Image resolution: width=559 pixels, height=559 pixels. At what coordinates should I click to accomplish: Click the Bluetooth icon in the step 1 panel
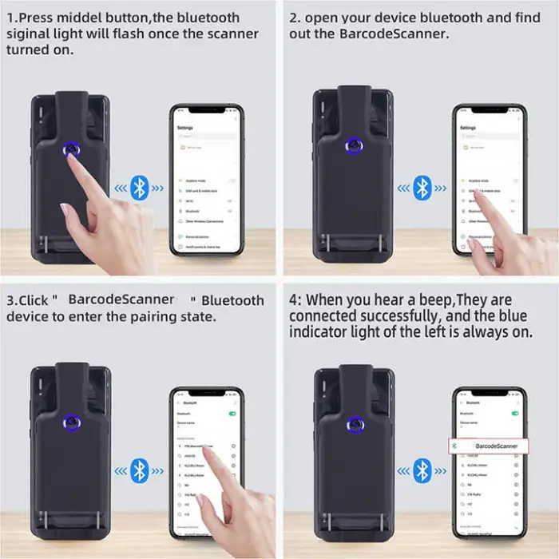(x=141, y=188)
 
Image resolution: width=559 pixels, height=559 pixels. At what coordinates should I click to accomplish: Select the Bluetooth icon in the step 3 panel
(x=141, y=469)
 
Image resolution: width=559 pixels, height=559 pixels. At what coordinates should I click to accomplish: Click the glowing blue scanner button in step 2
(x=351, y=146)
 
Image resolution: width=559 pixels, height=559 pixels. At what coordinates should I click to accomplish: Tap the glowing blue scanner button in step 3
(x=72, y=422)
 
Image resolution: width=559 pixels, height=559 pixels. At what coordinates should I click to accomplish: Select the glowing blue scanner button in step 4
(x=351, y=422)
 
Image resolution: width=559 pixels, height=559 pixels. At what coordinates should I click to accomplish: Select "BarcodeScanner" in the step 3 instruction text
(x=121, y=299)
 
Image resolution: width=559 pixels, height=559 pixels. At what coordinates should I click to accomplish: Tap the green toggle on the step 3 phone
(x=233, y=413)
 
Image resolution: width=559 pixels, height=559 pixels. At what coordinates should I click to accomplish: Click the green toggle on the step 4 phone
(x=515, y=413)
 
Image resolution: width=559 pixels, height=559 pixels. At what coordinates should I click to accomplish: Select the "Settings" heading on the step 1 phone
(x=185, y=128)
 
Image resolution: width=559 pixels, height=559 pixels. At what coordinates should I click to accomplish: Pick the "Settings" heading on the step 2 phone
(x=468, y=128)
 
